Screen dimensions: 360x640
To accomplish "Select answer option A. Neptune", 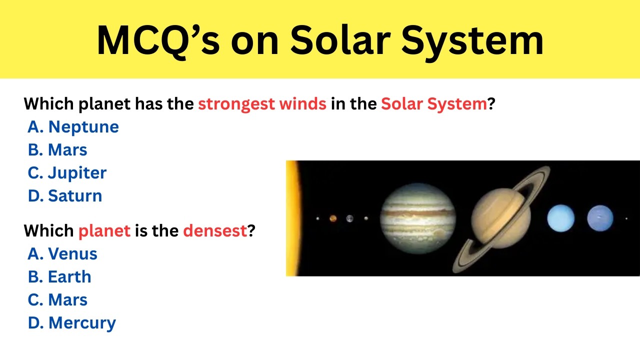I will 73,127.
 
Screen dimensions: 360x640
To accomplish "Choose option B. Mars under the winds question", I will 57,150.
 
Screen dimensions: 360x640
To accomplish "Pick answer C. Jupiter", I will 67,173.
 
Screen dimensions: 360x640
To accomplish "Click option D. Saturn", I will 65,196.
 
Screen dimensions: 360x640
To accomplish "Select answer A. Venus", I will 62,254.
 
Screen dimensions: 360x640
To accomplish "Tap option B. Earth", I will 59,277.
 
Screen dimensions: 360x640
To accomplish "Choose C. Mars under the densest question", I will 57,300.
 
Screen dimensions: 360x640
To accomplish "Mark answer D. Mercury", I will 71,323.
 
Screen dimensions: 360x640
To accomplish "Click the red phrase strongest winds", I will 262,104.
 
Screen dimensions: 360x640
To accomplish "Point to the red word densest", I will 215,231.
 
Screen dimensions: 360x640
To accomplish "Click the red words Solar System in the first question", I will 433,104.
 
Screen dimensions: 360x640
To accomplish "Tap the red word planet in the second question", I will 104,231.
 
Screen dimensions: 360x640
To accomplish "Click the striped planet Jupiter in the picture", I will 418,218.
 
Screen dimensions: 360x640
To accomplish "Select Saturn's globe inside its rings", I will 500,218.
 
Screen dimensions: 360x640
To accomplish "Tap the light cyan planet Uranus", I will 560,218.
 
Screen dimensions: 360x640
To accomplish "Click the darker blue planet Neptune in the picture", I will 600,218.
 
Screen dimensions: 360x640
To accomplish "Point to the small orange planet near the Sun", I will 333,218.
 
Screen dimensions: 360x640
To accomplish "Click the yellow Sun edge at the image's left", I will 292,218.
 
